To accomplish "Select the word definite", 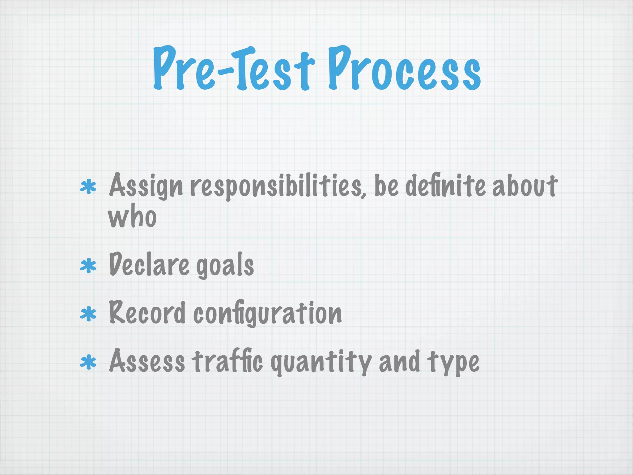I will (445, 186).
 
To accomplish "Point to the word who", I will (132, 217).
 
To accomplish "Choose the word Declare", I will (149, 265).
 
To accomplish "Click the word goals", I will (225, 266).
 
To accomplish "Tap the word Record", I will (147, 313).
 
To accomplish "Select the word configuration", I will (268, 314).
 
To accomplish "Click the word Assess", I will (147, 361).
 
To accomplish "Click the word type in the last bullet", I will (453, 362).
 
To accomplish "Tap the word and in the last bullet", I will (399, 361).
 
